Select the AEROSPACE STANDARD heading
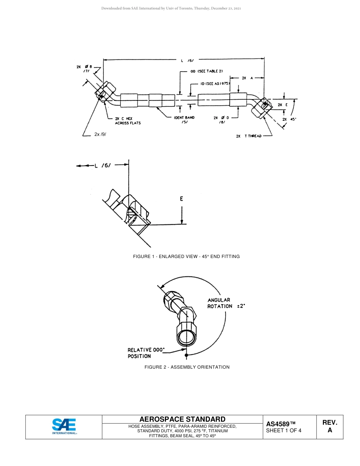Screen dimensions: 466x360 pos(182,419)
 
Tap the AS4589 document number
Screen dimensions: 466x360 pos(280,424)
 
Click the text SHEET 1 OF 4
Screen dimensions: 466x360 pos(283,430)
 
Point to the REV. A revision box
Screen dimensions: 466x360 pos(330,426)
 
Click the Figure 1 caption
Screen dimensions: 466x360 pos(186,256)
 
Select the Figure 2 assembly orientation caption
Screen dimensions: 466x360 pos(187,367)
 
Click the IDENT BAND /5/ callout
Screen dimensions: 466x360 pos(184,120)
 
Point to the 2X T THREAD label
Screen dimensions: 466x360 pos(249,136)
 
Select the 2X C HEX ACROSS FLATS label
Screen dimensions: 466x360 pos(128,121)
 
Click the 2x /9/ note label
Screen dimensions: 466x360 pos(100,134)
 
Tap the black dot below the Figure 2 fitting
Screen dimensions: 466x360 pos(186,355)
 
